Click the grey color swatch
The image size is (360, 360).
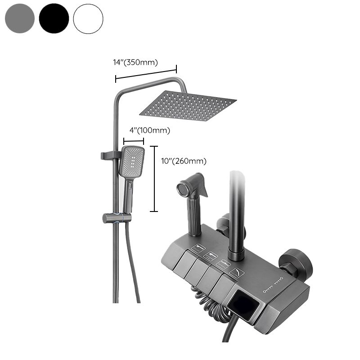[x=20, y=18]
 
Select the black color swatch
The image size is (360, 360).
[x=54, y=18]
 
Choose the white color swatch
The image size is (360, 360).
[x=88, y=18]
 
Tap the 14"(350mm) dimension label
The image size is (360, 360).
[x=135, y=63]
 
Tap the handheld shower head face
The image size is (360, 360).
[x=131, y=161]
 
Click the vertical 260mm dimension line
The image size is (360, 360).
[x=155, y=179]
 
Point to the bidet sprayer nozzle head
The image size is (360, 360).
[x=184, y=188]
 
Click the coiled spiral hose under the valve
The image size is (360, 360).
[x=211, y=306]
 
